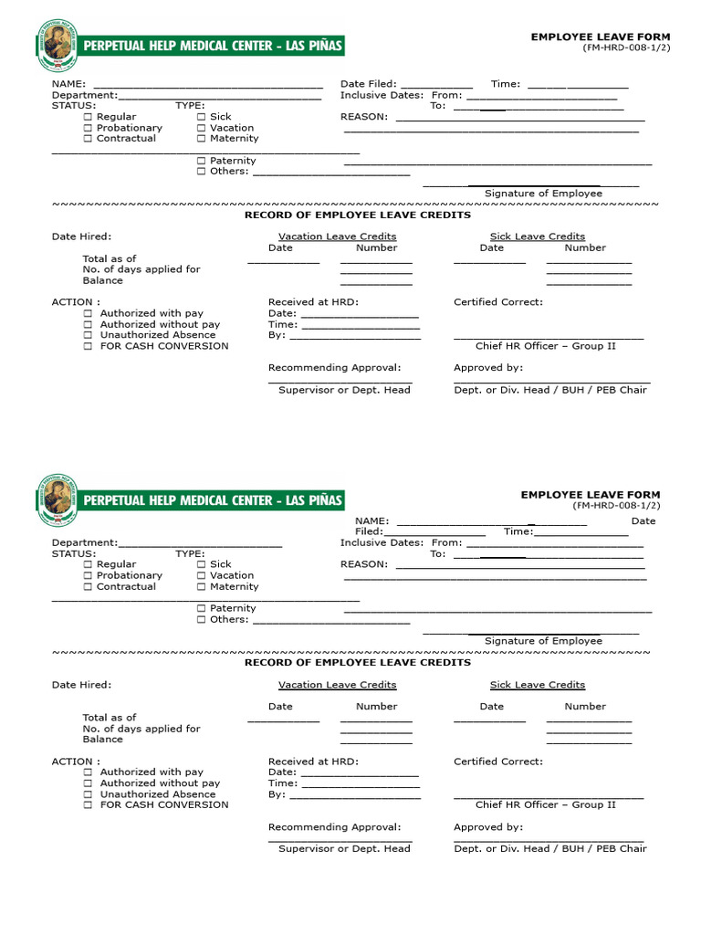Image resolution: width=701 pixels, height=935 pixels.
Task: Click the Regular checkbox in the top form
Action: coord(88,117)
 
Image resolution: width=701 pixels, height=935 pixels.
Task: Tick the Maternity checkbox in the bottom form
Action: coord(202,587)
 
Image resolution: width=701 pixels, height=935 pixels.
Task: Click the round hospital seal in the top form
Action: coord(57,43)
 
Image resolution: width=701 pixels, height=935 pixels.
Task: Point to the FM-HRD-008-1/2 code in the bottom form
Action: coord(616,506)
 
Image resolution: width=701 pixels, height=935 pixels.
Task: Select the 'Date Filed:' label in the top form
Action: coord(368,84)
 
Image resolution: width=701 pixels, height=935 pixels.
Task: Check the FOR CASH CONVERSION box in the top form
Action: coord(88,346)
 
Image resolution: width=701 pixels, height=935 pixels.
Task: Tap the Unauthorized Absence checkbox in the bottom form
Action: coord(88,794)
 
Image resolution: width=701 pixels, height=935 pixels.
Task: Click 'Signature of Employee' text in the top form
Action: coord(543,194)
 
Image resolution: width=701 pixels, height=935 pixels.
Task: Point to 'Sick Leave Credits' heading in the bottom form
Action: coord(537,685)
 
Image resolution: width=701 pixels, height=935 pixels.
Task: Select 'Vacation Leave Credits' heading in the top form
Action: coord(337,236)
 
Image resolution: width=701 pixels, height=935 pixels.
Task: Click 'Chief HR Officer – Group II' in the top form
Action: coord(545,346)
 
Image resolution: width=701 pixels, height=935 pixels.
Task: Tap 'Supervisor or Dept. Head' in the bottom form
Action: coord(344,848)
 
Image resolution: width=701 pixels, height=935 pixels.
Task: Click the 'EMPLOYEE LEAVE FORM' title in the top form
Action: coord(601,37)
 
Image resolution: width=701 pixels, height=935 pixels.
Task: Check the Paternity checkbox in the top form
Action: coord(202,161)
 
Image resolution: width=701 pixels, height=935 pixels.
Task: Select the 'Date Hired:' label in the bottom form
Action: coord(81,685)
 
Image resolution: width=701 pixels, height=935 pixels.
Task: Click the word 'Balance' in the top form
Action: coord(102,280)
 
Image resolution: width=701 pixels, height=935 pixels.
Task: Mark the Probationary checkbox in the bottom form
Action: coord(88,576)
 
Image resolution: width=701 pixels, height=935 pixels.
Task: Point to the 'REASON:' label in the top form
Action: coord(363,117)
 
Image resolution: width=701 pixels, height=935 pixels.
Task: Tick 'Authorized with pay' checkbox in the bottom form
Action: coord(88,772)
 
